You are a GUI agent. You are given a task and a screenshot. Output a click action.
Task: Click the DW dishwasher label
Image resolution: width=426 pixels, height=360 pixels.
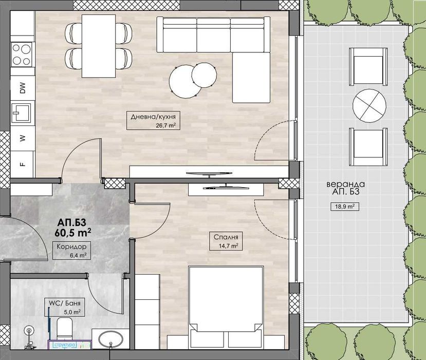click(22, 88)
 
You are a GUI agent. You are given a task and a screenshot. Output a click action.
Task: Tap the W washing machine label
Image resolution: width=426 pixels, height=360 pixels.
click(22, 138)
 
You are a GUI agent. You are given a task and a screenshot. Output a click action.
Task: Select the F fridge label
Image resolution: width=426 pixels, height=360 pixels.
click(22, 165)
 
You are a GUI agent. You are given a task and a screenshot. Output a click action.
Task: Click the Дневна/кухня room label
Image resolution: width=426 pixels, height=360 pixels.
click(150, 117)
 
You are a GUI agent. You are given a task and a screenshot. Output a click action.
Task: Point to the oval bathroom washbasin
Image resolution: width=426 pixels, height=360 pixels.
click(110, 341)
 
